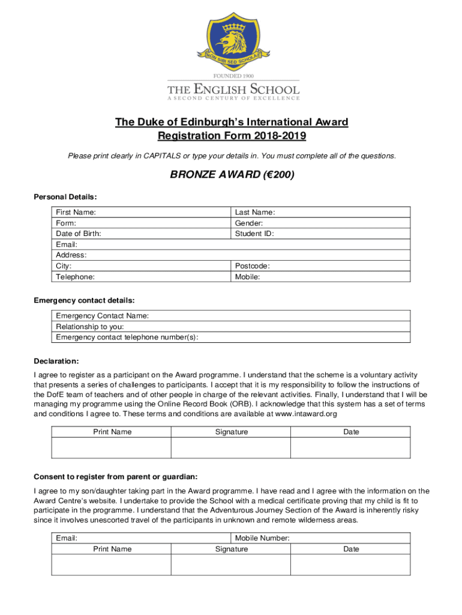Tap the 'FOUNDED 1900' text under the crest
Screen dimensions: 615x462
point(233,77)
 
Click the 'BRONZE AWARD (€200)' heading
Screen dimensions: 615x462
point(231,176)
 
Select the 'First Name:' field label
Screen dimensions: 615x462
point(76,212)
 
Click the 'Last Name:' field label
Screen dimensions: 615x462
point(255,212)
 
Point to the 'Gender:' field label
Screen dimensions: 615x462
point(249,223)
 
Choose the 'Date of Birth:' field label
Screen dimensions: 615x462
point(79,234)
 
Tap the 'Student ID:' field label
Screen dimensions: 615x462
point(254,234)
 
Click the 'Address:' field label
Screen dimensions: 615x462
point(71,255)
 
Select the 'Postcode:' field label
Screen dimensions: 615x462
point(252,266)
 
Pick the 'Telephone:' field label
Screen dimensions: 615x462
point(75,277)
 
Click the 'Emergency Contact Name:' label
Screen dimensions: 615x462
point(103,316)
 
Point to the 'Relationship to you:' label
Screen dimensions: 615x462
point(90,327)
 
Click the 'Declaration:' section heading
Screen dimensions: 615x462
point(56,362)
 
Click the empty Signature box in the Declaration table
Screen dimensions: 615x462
point(231,448)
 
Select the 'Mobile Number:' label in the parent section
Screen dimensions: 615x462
point(262,538)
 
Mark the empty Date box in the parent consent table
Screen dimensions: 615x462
point(351,565)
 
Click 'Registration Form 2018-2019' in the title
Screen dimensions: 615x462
point(232,136)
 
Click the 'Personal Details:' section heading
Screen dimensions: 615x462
point(65,196)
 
